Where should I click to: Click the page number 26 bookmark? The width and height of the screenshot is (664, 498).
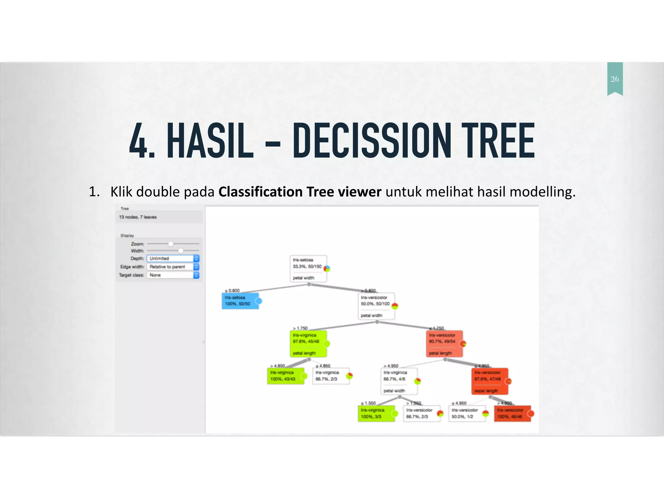tap(615, 79)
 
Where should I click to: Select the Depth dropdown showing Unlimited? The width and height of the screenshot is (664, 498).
tap(173, 258)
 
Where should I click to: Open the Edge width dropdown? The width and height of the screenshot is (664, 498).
tap(173, 267)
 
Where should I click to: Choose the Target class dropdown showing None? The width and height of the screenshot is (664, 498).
tap(173, 275)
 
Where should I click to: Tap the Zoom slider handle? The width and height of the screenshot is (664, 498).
tap(171, 244)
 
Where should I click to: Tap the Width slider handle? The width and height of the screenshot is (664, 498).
tap(181, 251)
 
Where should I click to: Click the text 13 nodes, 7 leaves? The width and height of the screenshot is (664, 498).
tap(138, 217)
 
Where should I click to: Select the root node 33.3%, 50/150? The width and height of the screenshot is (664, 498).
tap(308, 268)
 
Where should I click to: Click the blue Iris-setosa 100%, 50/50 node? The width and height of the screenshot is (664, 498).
tap(240, 301)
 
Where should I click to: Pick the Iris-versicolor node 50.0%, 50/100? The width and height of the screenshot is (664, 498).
tap(376, 306)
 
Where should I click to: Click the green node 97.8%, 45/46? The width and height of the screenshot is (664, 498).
tap(308, 343)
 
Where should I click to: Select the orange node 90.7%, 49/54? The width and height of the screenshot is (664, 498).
tap(444, 343)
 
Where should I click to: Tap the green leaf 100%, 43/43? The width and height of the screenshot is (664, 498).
tap(285, 376)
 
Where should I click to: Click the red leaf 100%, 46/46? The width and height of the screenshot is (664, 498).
tap(512, 413)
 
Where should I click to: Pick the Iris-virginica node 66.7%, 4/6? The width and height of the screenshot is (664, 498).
tap(398, 381)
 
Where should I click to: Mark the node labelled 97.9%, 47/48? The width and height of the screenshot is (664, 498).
tap(489, 381)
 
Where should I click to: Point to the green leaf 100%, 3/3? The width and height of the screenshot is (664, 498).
tap(376, 413)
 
